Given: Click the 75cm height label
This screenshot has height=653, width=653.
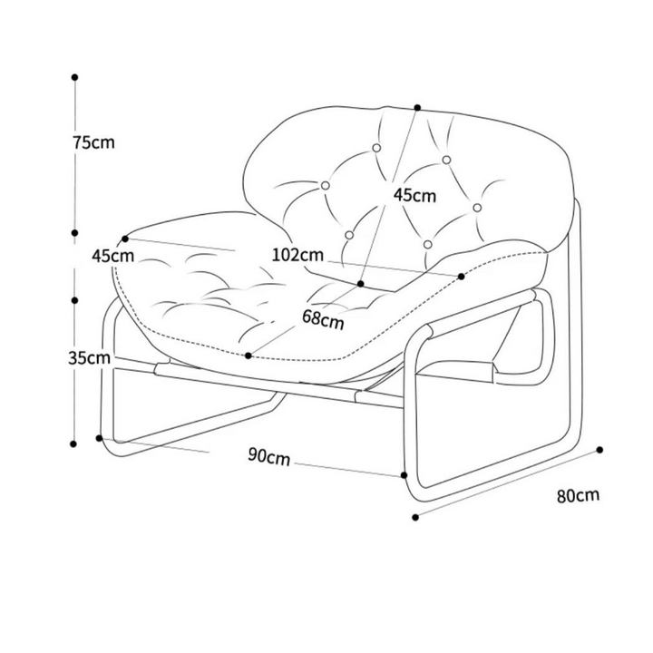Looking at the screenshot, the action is [x=93, y=142].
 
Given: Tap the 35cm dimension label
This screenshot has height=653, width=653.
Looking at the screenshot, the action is [x=90, y=357].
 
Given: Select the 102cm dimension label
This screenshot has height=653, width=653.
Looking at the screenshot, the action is [x=297, y=255].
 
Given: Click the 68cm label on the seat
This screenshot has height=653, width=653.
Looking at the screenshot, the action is [x=323, y=319].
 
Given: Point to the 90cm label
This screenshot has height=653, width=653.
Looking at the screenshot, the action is [x=269, y=456].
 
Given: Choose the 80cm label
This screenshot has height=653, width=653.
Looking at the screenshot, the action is [x=579, y=495].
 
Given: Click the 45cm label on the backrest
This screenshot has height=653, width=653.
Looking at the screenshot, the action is [x=414, y=194].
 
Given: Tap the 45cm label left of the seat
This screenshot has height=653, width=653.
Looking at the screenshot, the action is [x=112, y=256].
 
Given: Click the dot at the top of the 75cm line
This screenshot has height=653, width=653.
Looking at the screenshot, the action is [x=75, y=77].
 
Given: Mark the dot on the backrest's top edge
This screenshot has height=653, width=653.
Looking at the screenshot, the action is [x=418, y=107].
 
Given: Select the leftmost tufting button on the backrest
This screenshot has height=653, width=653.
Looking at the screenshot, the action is [x=326, y=185].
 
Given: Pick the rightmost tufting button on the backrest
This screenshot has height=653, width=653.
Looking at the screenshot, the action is [x=477, y=208].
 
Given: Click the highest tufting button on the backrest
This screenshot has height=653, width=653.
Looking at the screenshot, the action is [x=376, y=148].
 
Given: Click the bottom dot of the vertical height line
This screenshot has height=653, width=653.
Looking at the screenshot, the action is [x=73, y=443].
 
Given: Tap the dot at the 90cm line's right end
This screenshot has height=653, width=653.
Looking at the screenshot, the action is [x=404, y=474].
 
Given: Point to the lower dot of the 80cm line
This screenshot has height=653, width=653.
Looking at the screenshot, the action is [x=415, y=517].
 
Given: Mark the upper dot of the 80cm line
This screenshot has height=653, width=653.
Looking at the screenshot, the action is [x=599, y=450].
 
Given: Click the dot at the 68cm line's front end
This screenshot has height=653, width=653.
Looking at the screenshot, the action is [x=249, y=356].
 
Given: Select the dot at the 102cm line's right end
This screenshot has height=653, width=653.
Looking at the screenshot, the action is [x=461, y=276].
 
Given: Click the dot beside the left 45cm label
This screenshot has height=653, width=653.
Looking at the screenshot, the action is [x=125, y=239].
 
